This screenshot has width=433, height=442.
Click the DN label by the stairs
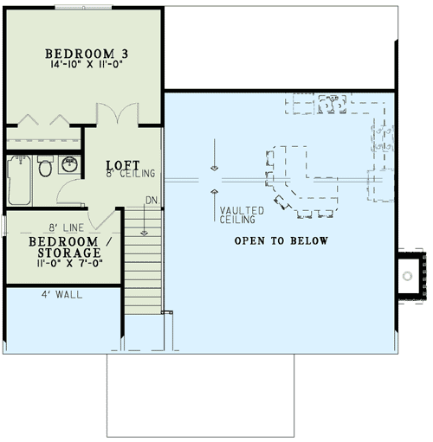click(x=152, y=201)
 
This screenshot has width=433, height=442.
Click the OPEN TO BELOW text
click(x=281, y=240)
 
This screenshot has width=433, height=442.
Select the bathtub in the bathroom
click(x=19, y=177)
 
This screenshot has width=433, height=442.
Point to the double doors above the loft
click(x=116, y=114)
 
